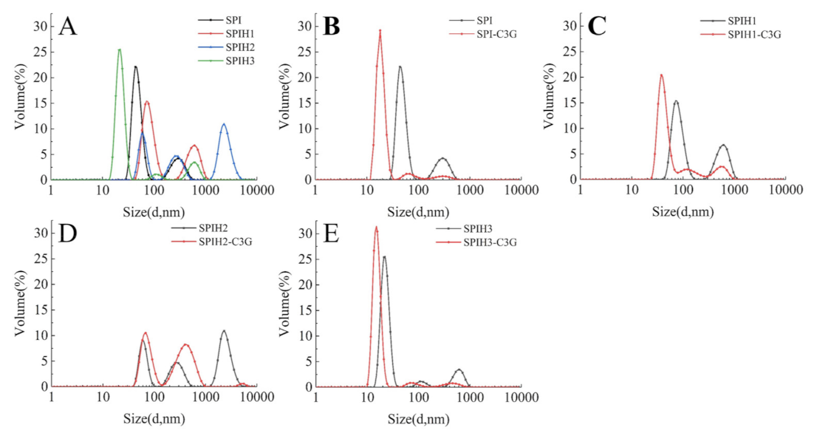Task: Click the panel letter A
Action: (67, 27)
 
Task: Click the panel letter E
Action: (332, 234)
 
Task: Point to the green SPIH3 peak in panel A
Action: (119, 50)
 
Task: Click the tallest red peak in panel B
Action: (380, 31)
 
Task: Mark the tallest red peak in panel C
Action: (662, 75)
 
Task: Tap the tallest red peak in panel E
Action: (376, 228)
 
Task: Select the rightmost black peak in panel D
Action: (224, 331)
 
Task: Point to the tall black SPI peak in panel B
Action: (400, 67)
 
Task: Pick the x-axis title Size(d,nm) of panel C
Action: (683, 211)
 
